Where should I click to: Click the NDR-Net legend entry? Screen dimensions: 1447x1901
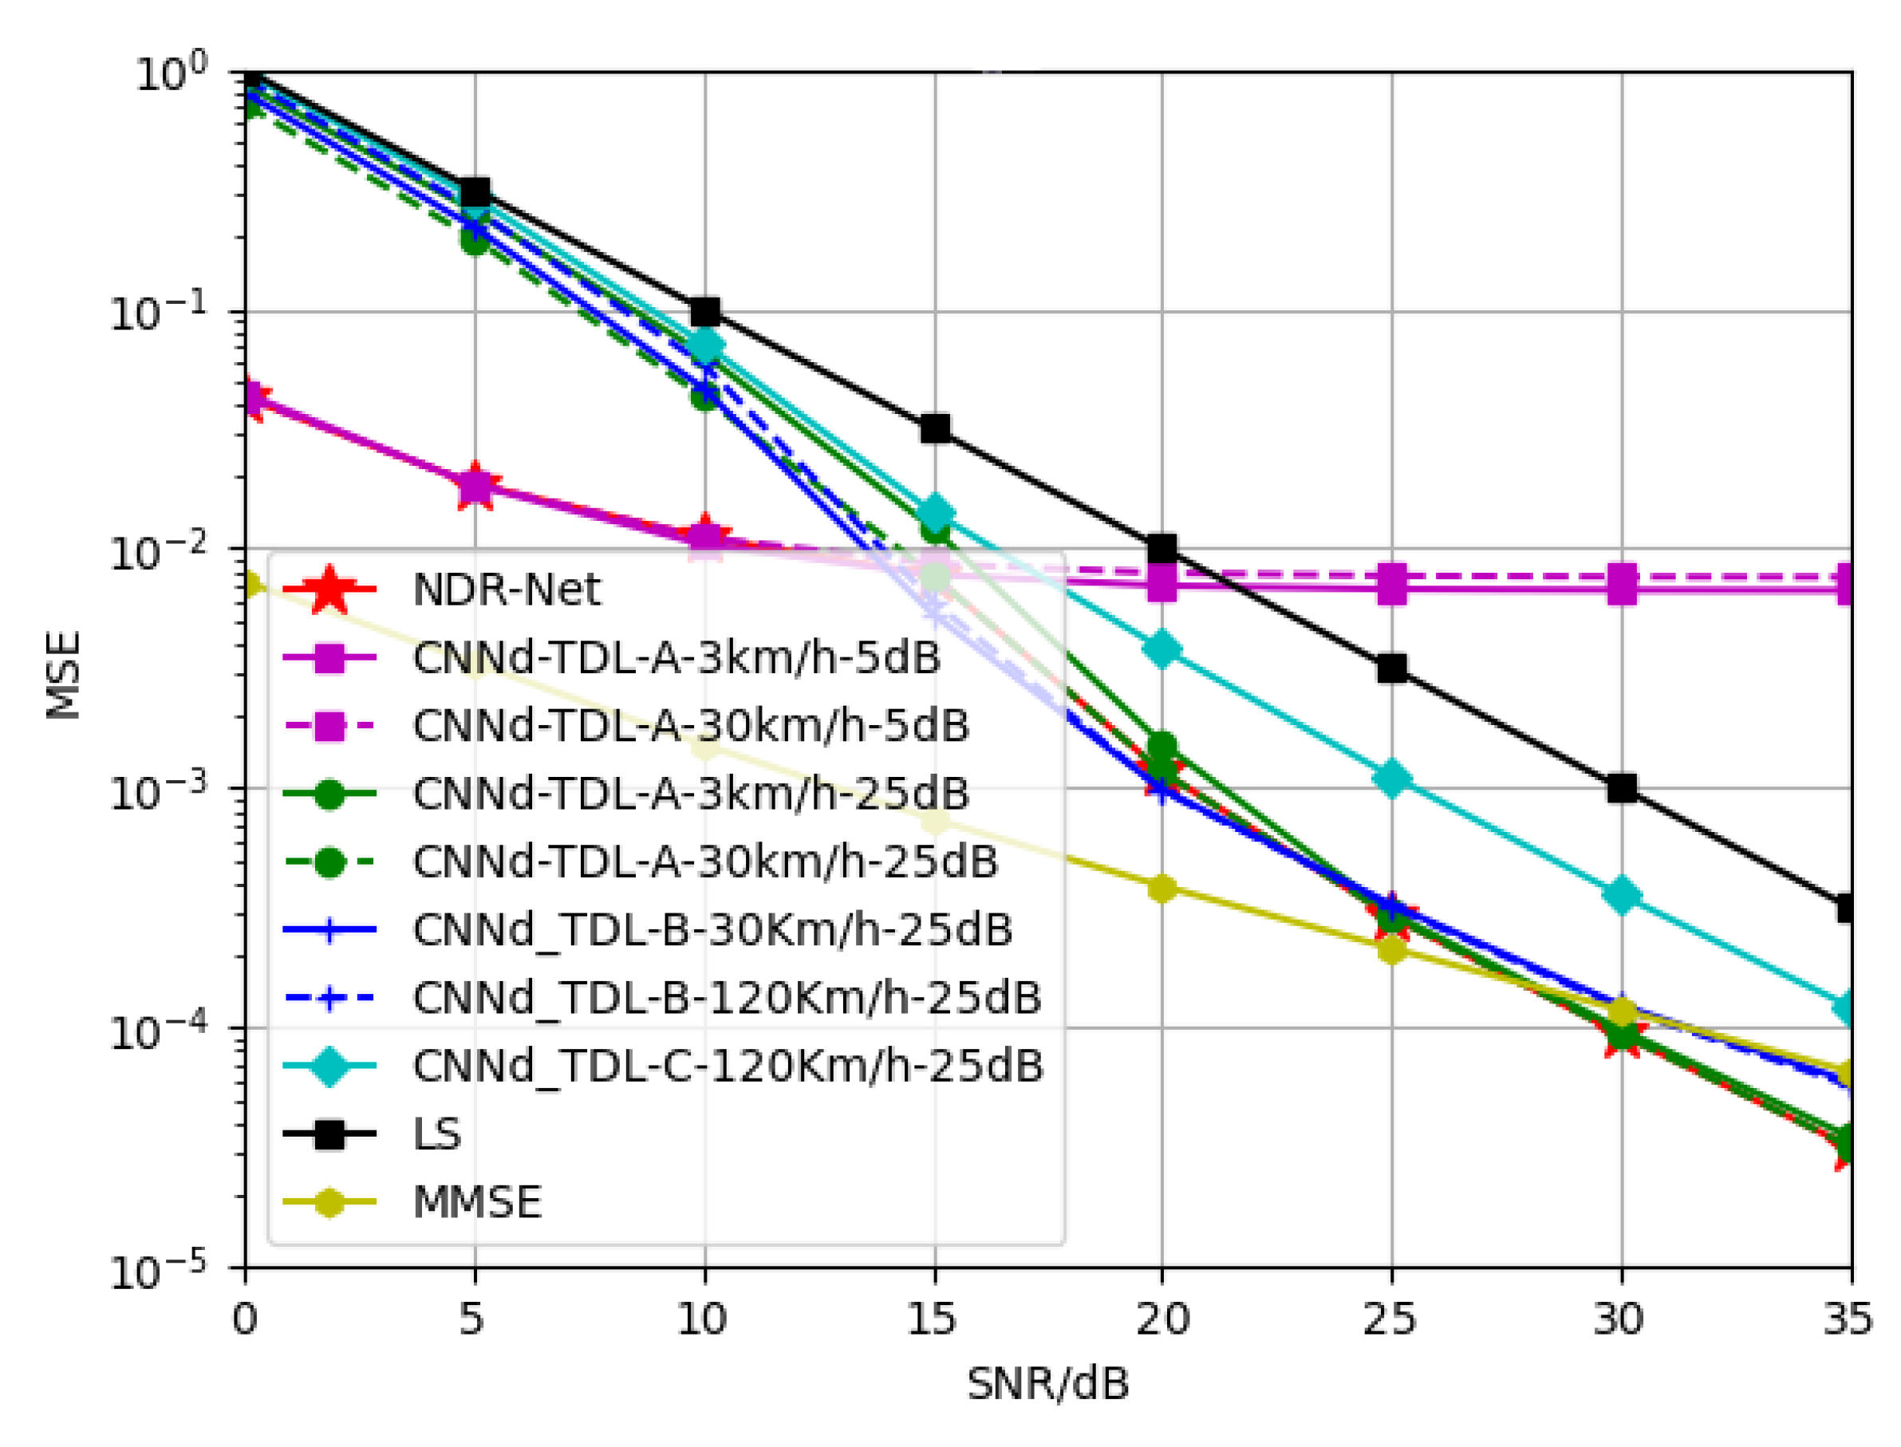coord(505,590)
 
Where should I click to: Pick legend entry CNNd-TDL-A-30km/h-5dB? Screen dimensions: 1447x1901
coord(690,726)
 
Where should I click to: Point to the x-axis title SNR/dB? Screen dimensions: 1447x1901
coord(1047,1384)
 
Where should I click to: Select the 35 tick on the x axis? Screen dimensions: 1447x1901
coord(1847,1319)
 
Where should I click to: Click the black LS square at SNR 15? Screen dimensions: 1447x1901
coord(935,428)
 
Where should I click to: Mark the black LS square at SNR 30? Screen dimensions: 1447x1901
coord(1620,787)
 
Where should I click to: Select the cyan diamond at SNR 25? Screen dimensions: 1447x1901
coord(1391,779)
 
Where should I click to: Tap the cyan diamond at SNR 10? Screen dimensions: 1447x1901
coord(705,346)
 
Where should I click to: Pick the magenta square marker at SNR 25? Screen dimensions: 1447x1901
coord(1391,585)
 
